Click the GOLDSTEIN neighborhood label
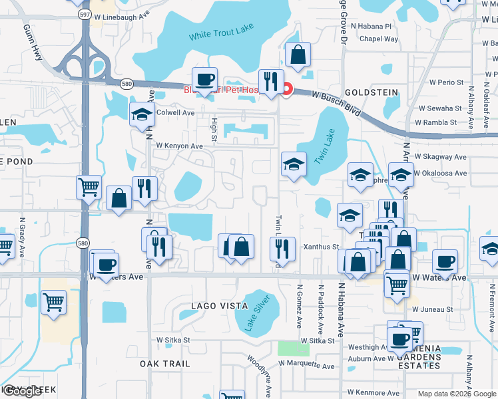point(372,92)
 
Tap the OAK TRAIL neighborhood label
point(165,364)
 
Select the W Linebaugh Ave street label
point(123,15)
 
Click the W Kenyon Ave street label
point(179,146)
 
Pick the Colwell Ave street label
point(175,113)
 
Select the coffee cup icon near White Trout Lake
point(205,80)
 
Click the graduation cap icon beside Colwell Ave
point(142,115)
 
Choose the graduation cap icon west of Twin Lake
point(293,165)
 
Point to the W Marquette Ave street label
point(306,364)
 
